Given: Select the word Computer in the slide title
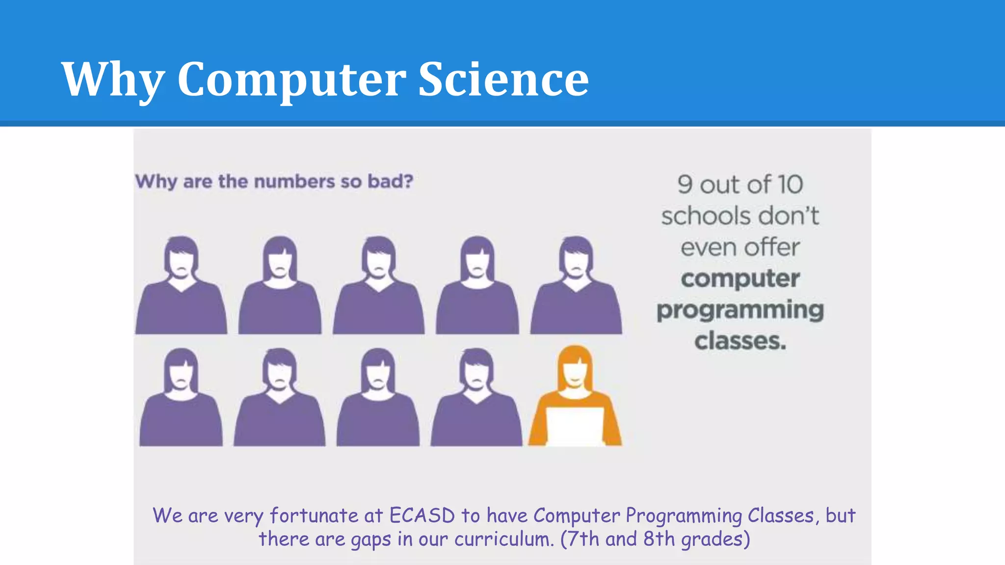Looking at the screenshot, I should pyautogui.click(x=291, y=80).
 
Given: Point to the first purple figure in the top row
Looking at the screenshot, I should pyautogui.click(x=181, y=287).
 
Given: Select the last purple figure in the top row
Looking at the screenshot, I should pyautogui.click(x=576, y=287).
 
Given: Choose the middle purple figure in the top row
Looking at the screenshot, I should pyautogui.click(x=378, y=287).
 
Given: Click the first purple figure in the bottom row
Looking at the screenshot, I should pyautogui.click(x=181, y=398).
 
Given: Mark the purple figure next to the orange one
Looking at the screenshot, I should pyautogui.click(x=476, y=398).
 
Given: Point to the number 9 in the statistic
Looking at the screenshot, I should pyautogui.click(x=685, y=185).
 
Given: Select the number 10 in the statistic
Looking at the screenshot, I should pyautogui.click(x=790, y=185).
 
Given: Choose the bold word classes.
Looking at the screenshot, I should pyautogui.click(x=740, y=341).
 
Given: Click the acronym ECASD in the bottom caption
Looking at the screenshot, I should pyautogui.click(x=422, y=515).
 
